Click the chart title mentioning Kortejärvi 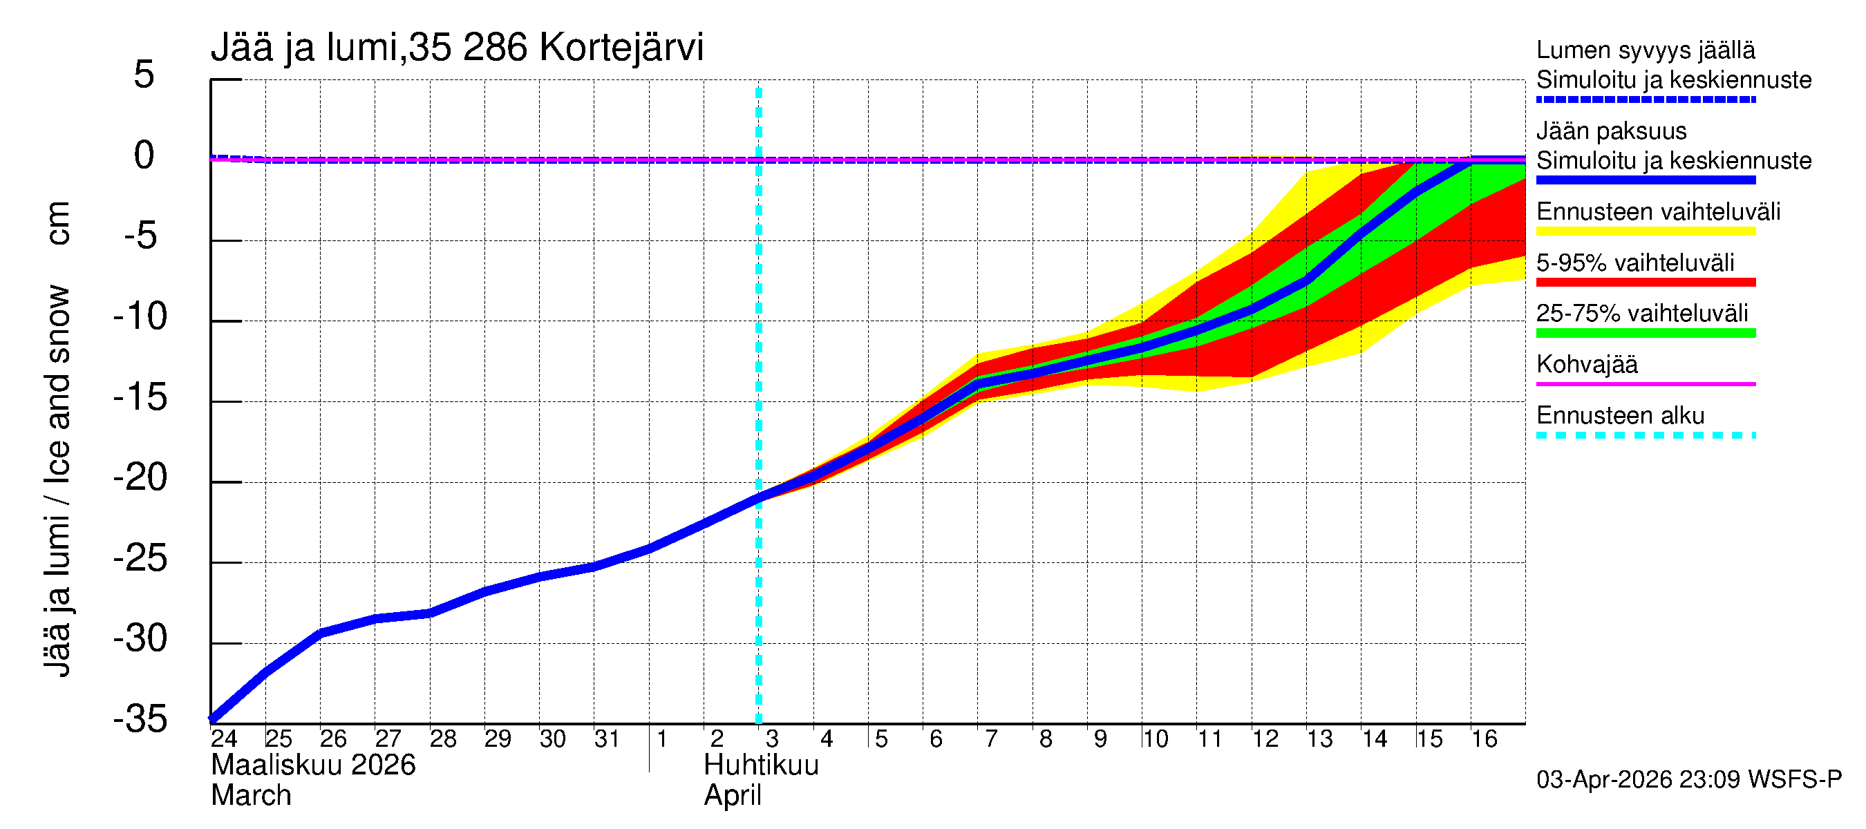point(456,48)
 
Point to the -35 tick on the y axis point(140,720)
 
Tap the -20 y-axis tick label point(140,478)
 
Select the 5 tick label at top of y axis point(144,75)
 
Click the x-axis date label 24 point(224,739)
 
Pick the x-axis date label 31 point(607,739)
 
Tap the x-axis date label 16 point(1485,739)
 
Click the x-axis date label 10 point(1155,739)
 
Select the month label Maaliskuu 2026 point(313,765)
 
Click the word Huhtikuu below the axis point(761,765)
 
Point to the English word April point(733,796)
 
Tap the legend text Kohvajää point(1586,364)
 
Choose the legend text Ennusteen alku point(1621,416)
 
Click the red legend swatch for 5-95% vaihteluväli point(1645,283)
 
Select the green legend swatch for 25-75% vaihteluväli point(1645,333)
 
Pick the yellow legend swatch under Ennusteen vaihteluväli point(1645,231)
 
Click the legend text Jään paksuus point(1611,131)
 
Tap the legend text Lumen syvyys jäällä point(1645,50)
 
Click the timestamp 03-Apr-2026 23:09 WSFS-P point(1688,780)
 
